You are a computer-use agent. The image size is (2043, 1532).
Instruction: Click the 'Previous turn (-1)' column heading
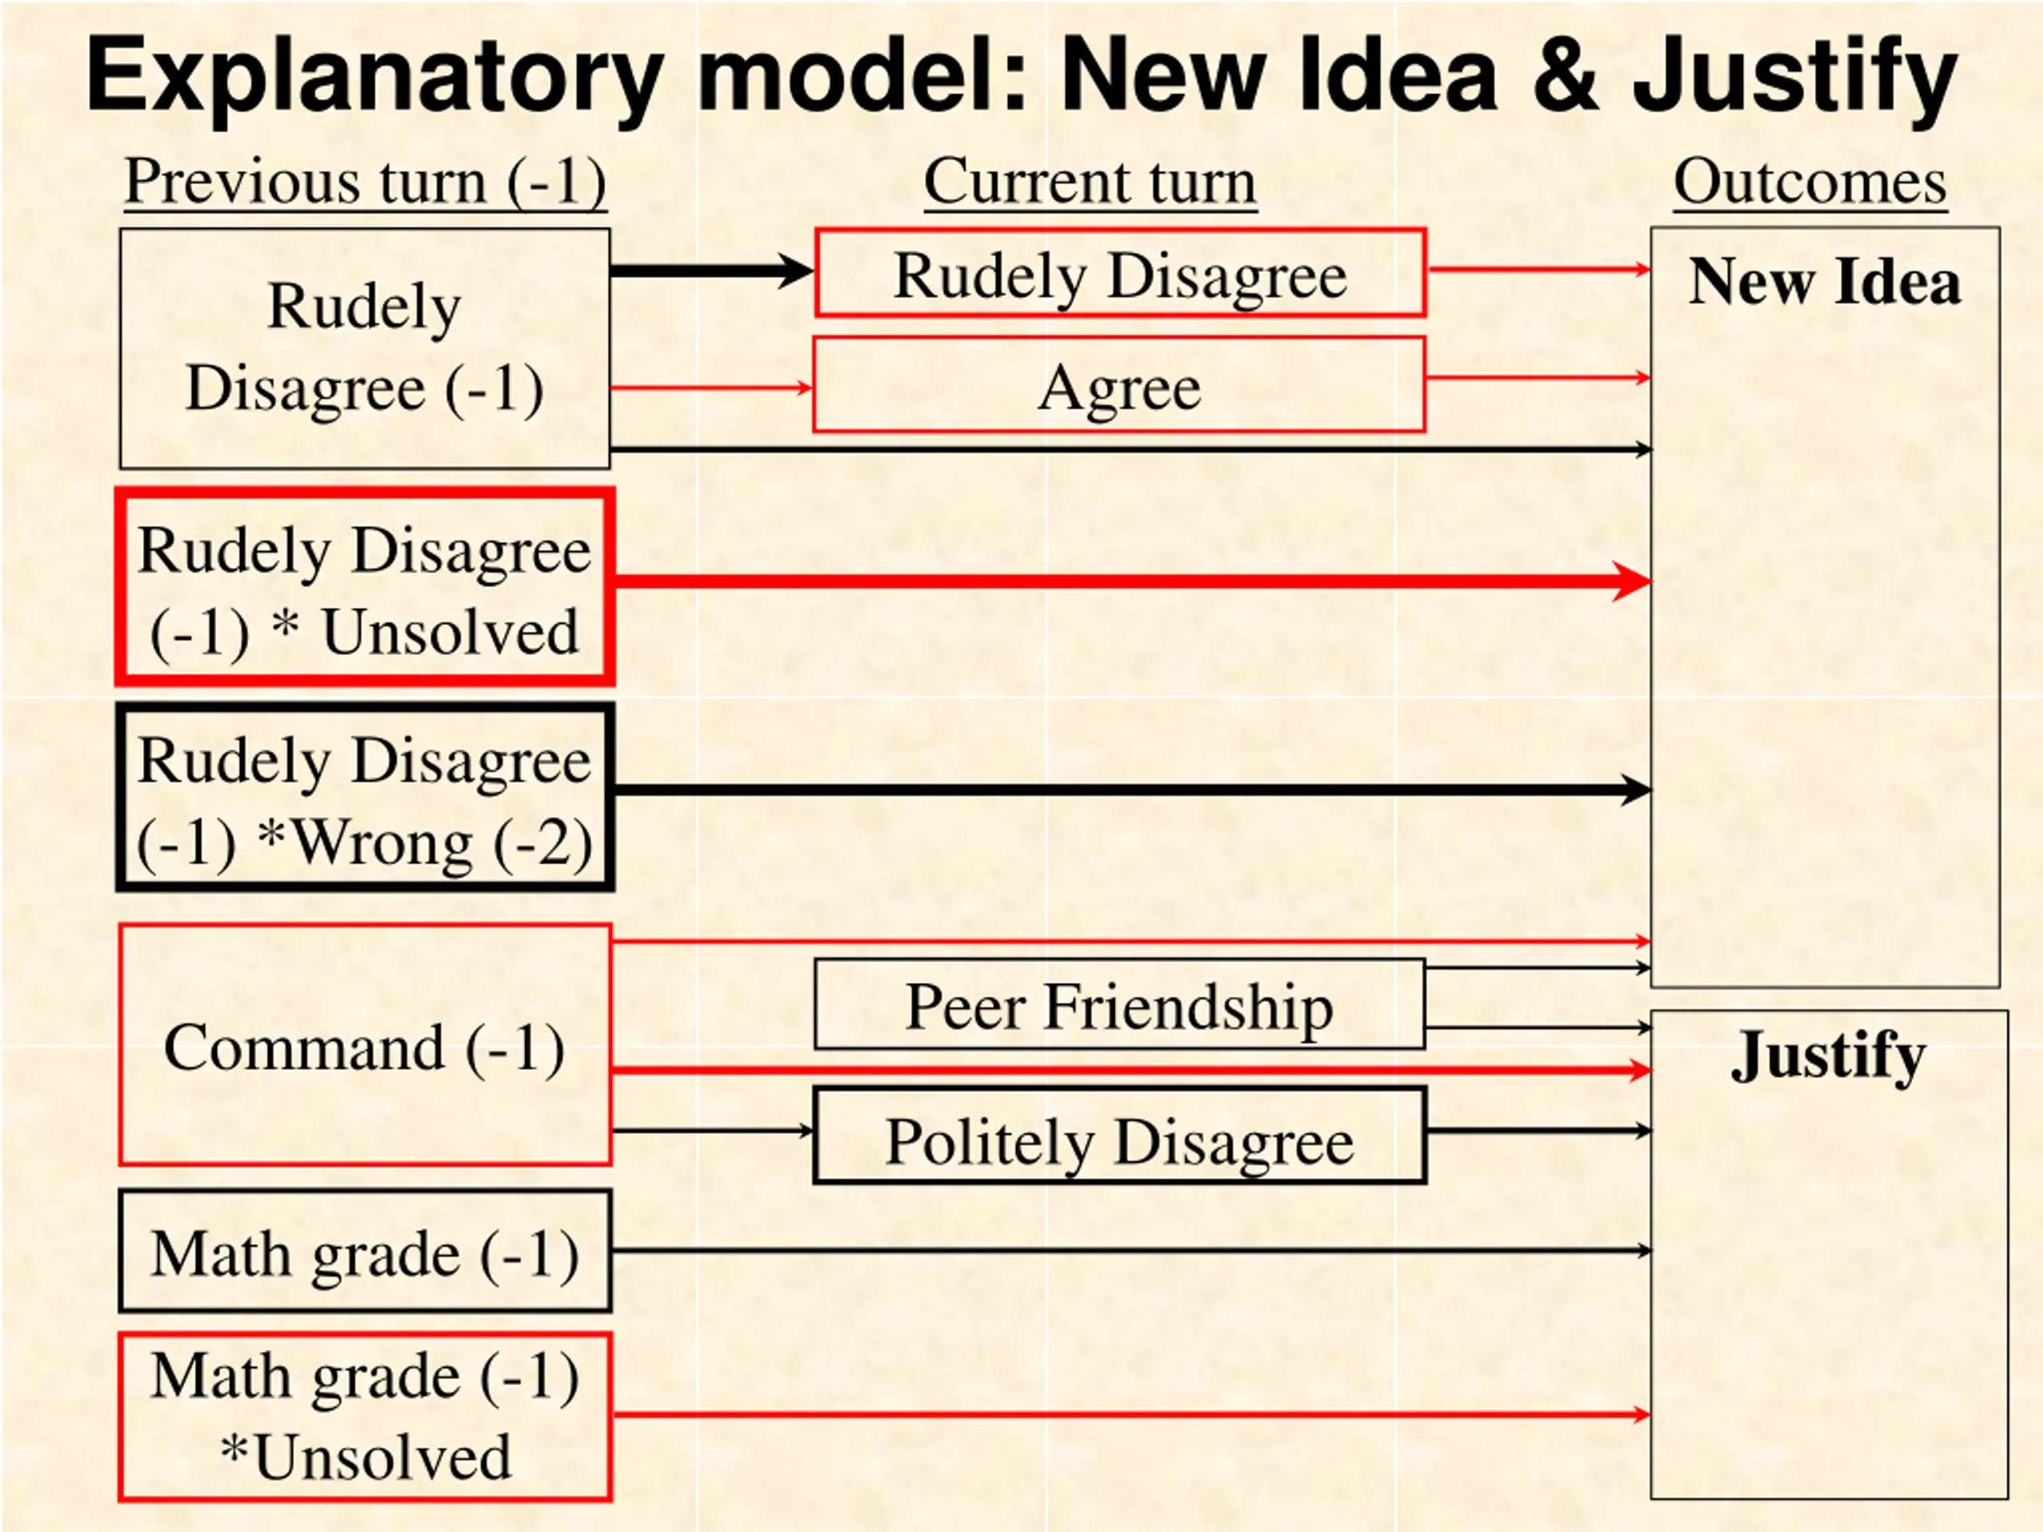tap(365, 181)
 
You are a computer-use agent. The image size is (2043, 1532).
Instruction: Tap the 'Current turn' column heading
tap(1090, 181)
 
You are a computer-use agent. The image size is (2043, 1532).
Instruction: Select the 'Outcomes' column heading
tap(1810, 181)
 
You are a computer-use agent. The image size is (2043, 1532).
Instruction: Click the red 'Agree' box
tap(1120, 384)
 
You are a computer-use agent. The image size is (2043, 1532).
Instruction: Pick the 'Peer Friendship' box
tap(1120, 1005)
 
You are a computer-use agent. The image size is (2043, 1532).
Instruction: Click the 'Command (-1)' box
tap(365, 1044)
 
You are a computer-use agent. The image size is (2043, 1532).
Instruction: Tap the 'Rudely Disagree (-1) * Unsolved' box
tap(365, 588)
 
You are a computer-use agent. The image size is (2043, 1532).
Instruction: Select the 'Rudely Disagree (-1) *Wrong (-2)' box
tap(365, 798)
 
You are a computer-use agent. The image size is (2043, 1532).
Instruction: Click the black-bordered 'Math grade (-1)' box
tap(365, 1251)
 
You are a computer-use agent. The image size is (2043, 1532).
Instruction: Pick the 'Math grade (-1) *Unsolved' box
tap(365, 1416)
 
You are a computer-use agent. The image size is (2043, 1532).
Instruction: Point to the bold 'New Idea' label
tap(1824, 281)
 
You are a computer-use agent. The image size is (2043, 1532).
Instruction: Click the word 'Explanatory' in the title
tap(375, 77)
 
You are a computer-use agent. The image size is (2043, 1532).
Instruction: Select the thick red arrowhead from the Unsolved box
tap(1631, 581)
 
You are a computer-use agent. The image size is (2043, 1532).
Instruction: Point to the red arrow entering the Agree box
tap(711, 388)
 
